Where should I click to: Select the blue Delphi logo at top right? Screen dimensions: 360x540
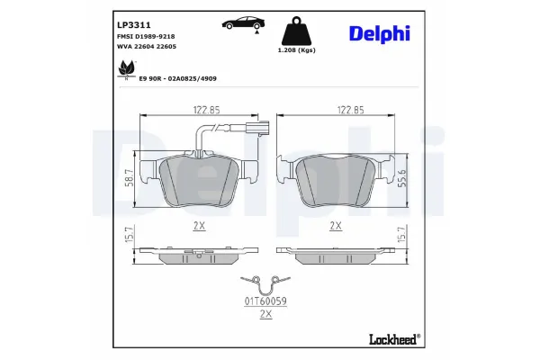pos(379,33)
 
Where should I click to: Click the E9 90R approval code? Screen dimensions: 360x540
pos(177,78)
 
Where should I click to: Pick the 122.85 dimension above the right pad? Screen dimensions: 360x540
pos(337,110)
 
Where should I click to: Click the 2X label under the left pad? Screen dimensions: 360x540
pos(199,227)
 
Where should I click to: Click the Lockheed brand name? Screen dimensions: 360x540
pos(393,340)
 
